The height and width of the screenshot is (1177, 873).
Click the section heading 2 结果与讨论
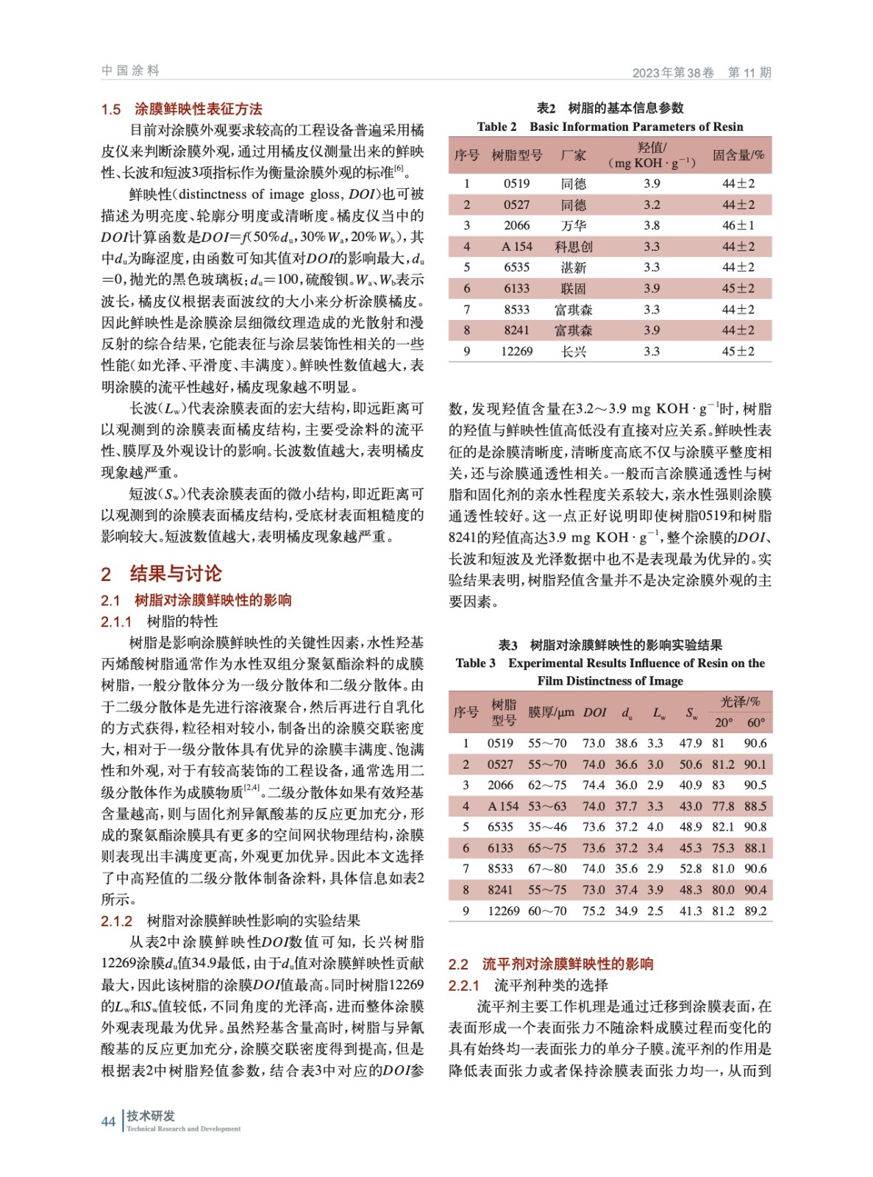(x=161, y=574)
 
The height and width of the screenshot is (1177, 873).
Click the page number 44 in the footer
(x=108, y=1122)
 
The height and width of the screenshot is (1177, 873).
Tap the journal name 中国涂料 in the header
(x=130, y=71)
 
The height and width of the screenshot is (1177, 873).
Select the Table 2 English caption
(x=610, y=127)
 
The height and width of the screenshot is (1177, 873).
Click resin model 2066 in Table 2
(x=516, y=226)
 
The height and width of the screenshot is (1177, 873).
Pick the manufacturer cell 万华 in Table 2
(x=573, y=226)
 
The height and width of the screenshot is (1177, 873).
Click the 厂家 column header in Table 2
(x=573, y=155)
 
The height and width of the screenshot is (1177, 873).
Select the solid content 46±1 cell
(x=738, y=226)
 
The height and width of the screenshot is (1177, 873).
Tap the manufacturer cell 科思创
(x=573, y=246)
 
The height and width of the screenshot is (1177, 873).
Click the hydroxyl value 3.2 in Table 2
(x=652, y=205)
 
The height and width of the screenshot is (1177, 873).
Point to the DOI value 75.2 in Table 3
(x=594, y=911)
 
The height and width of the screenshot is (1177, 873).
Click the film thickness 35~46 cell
(x=547, y=827)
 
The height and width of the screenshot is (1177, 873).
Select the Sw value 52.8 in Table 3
(x=691, y=869)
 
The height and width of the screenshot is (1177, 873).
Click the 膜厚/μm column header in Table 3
(x=551, y=712)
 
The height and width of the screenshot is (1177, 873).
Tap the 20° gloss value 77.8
(x=723, y=806)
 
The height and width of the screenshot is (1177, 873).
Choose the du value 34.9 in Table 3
(x=627, y=911)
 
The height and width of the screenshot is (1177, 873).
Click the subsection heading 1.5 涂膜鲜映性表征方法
(x=182, y=110)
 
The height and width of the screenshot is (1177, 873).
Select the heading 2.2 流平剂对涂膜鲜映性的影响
(x=551, y=964)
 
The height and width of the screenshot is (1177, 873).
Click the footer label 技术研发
(x=151, y=1116)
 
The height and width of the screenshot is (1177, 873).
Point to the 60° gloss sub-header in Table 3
(x=755, y=722)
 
